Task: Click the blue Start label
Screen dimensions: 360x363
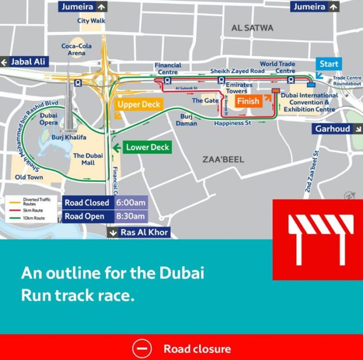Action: (329, 64)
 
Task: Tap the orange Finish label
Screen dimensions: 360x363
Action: (248, 101)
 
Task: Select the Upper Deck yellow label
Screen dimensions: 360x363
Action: (139, 104)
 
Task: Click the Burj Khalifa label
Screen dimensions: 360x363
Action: (69, 138)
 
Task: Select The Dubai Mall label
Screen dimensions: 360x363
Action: (88, 159)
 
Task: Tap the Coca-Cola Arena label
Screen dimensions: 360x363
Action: (76, 49)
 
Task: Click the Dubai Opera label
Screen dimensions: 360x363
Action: (49, 119)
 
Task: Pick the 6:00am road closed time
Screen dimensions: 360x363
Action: (131, 203)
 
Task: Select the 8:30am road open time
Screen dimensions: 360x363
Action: (131, 216)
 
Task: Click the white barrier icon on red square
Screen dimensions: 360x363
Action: (318, 240)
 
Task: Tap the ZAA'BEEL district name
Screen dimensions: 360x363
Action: (223, 159)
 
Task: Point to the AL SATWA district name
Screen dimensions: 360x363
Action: (252, 28)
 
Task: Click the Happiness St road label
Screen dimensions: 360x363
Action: (233, 123)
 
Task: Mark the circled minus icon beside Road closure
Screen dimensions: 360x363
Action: (141, 348)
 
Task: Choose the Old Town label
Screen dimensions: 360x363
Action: (29, 177)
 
